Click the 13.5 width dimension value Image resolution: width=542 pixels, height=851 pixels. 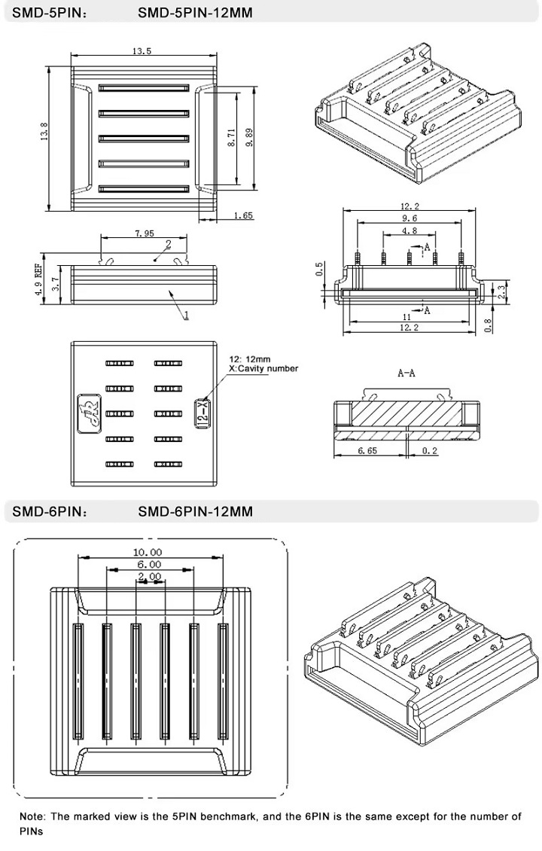pos(142,51)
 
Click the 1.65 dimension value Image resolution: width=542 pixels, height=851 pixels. pos(243,215)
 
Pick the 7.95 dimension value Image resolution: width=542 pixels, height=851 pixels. pos(145,233)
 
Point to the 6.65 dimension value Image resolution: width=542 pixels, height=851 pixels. pos(368,450)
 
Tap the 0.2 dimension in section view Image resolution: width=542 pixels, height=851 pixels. pos(429,450)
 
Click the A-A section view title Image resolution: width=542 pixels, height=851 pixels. pos(406,372)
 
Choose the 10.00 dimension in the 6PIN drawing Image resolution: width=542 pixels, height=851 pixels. pos(148,553)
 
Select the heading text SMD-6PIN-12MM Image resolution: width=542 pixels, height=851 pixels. pos(195,511)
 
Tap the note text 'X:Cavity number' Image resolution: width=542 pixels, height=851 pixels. pos(263,368)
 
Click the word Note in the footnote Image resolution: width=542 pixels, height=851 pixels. pos(32,816)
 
